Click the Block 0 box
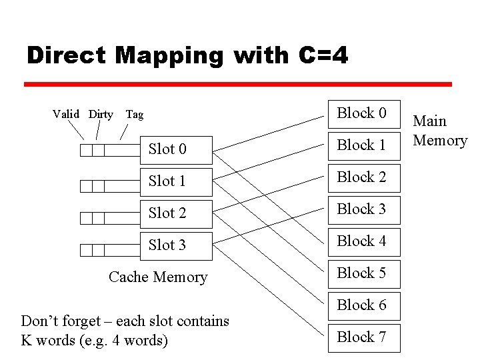click(362, 113)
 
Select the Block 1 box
click(362, 145)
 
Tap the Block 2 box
click(362, 177)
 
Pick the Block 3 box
click(362, 209)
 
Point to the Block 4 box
click(362, 241)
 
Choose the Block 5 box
click(362, 273)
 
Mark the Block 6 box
click(362, 305)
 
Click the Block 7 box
click(362, 337)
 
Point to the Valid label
click(66, 115)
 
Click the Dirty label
click(101, 115)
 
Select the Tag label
click(135, 115)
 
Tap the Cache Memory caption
click(158, 277)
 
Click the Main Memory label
click(440, 131)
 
